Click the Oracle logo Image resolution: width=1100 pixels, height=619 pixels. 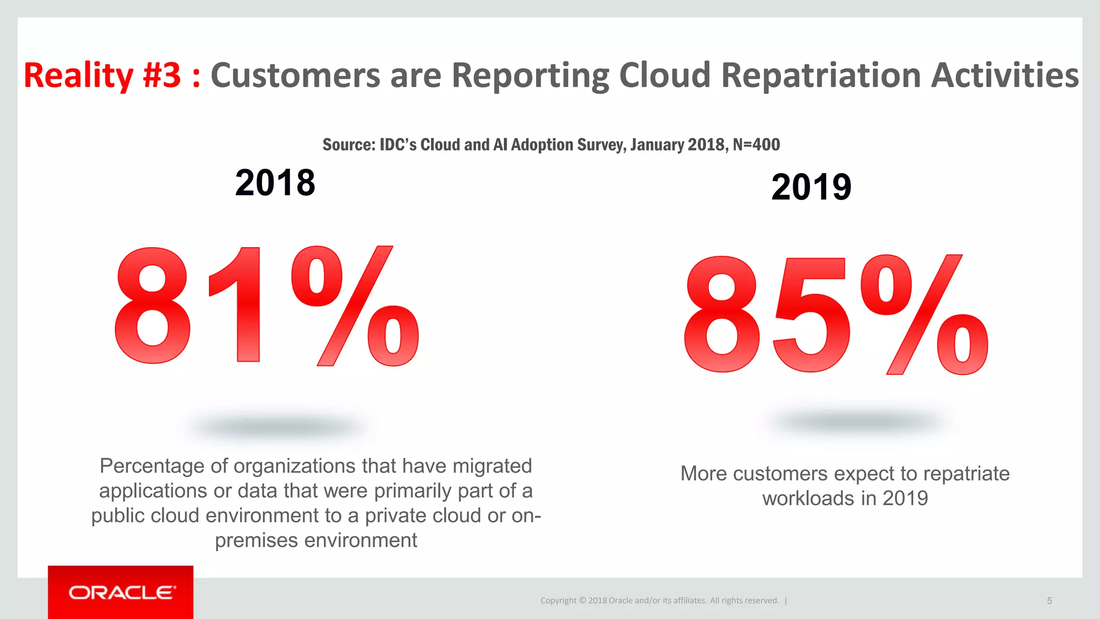click(122, 593)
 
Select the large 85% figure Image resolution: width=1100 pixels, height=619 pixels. click(835, 314)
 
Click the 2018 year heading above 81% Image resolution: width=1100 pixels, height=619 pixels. click(275, 183)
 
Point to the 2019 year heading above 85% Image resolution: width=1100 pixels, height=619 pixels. click(811, 187)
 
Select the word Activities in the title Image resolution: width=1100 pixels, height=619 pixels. click(1004, 75)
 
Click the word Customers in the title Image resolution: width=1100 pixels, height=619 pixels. click(295, 75)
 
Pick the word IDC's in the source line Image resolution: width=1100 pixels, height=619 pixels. click(398, 145)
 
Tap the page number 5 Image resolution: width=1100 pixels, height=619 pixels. click(1049, 601)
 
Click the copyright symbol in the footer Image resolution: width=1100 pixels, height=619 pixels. click(582, 601)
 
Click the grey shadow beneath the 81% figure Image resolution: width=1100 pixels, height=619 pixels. click(277, 427)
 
